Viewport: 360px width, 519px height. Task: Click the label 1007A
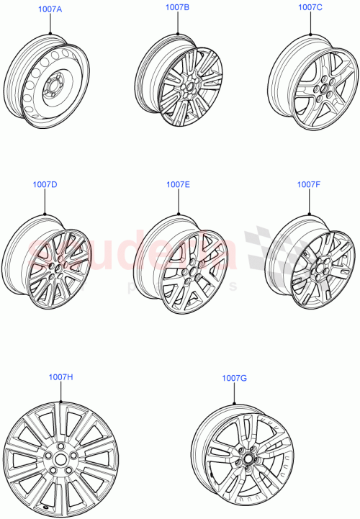50,11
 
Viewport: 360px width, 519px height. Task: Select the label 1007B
177,7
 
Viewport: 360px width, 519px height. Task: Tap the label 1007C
310,7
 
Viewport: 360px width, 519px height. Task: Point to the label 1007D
45,184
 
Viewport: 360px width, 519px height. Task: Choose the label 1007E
178,184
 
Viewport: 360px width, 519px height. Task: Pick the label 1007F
310,184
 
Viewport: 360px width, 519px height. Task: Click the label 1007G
235,379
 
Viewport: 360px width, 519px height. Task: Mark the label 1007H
61,377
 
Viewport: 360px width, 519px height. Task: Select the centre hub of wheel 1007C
318,91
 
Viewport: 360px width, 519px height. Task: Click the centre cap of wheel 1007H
60,459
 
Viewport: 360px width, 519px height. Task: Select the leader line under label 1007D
45,202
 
